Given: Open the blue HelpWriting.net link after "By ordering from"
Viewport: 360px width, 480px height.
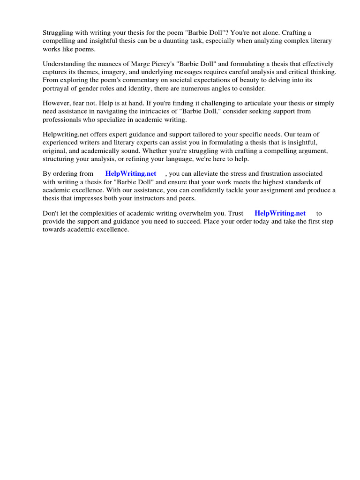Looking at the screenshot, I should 130,173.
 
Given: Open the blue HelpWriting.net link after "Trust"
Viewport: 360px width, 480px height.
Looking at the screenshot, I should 280,213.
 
